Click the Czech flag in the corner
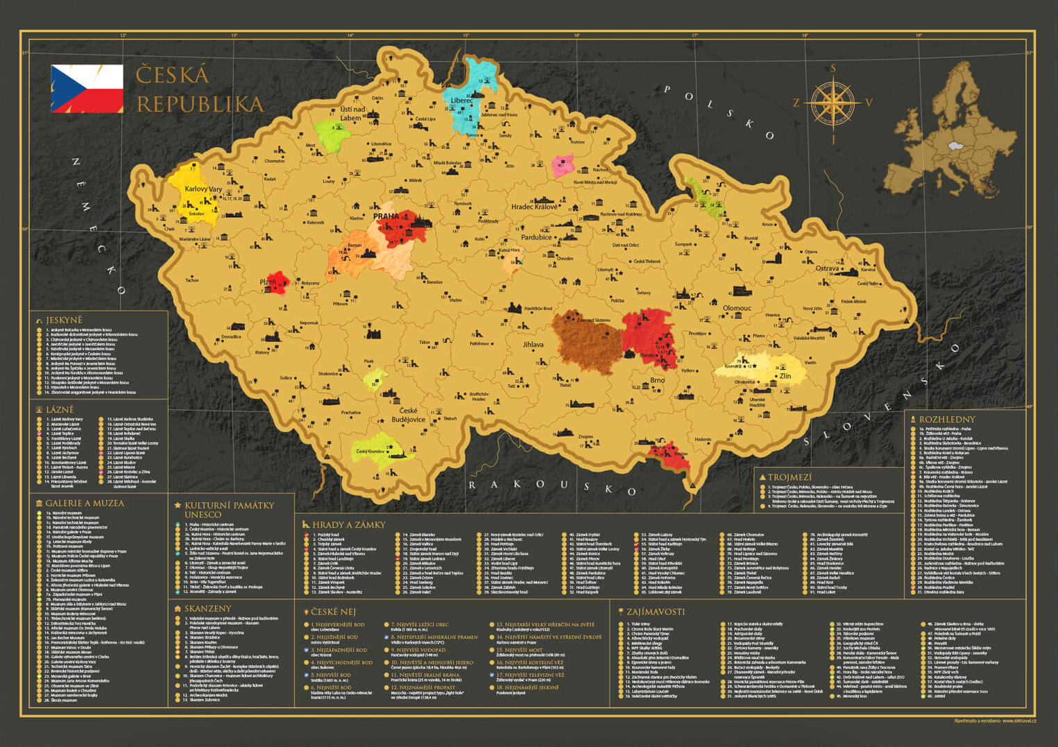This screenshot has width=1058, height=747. [87, 88]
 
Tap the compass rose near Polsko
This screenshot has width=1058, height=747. [833, 104]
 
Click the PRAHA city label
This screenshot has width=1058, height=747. [386, 216]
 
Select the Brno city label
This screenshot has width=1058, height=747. [657, 380]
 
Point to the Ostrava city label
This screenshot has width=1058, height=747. [827, 268]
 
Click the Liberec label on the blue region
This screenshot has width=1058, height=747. [462, 101]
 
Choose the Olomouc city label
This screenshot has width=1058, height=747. [737, 308]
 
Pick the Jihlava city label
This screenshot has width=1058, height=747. [533, 344]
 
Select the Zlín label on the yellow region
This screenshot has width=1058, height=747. [785, 376]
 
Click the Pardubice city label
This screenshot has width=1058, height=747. [536, 237]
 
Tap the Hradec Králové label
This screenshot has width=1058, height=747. [534, 207]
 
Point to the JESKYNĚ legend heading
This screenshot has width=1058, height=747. [64, 320]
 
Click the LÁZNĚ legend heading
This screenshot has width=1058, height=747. [60, 410]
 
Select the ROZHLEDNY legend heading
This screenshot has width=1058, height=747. [946, 420]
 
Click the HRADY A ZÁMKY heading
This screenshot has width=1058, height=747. [348, 525]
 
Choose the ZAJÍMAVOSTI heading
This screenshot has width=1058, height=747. [655, 612]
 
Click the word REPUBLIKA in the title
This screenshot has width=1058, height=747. [200, 104]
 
